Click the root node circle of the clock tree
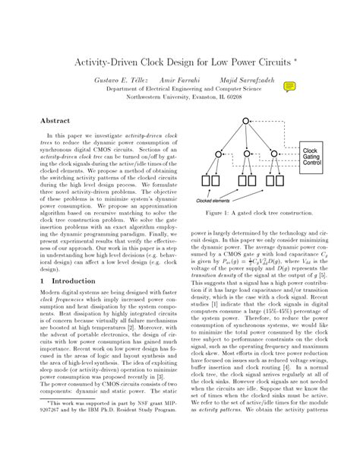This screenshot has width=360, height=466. click(x=245, y=122)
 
